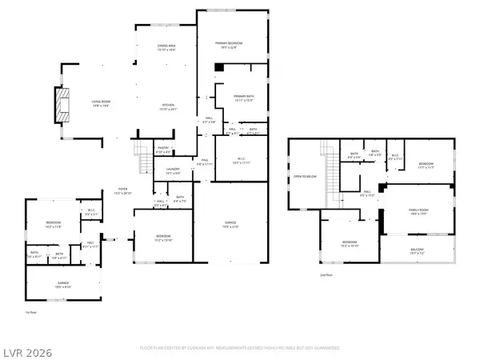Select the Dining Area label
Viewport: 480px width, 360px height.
coord(166,47)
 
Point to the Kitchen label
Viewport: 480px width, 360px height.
coord(169,107)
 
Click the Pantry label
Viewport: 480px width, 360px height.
coord(163,148)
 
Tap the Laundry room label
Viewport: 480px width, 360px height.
coord(173,170)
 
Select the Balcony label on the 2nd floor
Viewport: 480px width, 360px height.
coord(418,250)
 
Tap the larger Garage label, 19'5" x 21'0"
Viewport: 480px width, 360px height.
coord(232,226)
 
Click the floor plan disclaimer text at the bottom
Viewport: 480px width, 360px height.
coord(239,348)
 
